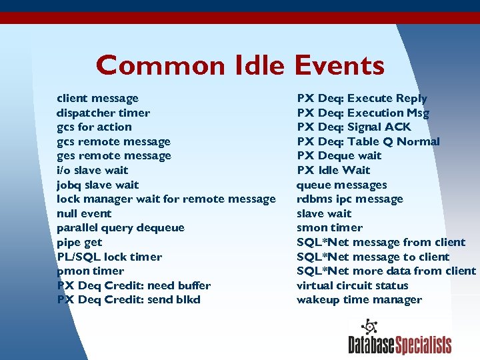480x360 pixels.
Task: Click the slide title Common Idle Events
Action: coord(240,65)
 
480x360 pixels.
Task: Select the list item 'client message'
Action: coord(97,99)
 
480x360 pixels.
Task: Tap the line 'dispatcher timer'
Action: coord(103,113)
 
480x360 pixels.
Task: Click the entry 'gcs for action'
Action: coord(94,127)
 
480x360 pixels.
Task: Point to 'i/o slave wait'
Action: coord(93,171)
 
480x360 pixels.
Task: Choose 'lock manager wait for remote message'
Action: coord(166,199)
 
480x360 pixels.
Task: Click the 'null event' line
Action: coord(84,214)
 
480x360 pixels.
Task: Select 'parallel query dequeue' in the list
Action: coord(121,228)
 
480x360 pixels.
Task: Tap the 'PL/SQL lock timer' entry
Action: coord(109,257)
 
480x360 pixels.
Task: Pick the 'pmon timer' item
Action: coord(90,271)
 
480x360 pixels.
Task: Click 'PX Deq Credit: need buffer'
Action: coord(133,286)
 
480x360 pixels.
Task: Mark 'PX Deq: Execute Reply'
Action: coord(362,99)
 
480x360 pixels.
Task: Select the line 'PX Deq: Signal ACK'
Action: coord(354,127)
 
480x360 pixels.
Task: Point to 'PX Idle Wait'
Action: coord(333,171)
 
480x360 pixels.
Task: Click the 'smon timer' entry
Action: coord(329,228)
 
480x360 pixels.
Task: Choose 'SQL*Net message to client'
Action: coord(373,257)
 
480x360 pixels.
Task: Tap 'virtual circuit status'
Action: coord(352,286)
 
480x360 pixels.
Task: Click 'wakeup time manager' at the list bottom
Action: coord(359,300)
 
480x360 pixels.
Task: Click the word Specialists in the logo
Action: coord(423,345)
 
